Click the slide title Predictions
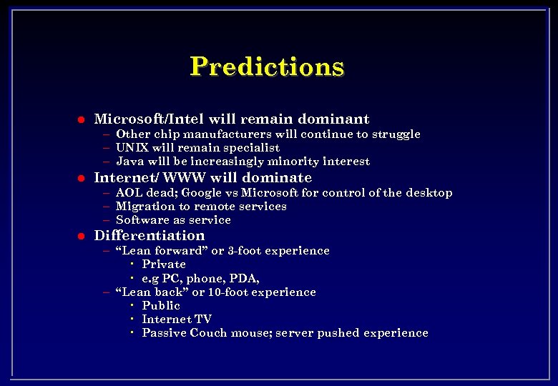(267, 66)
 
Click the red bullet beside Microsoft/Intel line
(82, 120)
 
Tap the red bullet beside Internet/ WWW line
(82, 179)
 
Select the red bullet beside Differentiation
(82, 237)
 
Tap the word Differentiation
(150, 236)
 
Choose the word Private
(164, 264)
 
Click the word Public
(161, 306)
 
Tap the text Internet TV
(177, 320)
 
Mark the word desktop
(429, 193)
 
